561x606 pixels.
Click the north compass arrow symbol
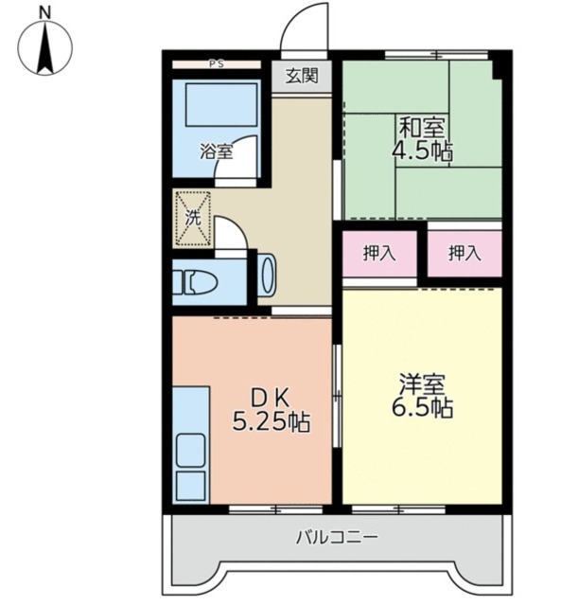45,51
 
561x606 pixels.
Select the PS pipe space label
216,64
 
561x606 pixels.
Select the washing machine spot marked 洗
192,216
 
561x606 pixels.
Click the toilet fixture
201,282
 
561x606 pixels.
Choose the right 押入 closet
463,253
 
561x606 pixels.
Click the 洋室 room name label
423,383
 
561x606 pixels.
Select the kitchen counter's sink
191,451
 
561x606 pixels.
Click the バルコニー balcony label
337,537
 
